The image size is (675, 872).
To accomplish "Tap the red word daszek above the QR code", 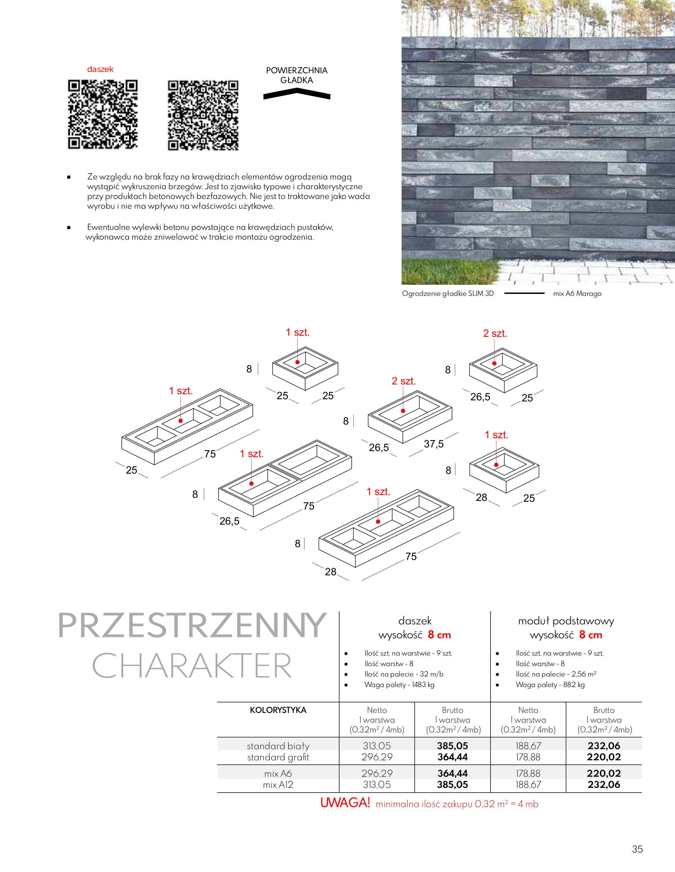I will tap(100, 69).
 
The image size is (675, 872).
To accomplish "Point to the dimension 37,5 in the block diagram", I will tap(433, 444).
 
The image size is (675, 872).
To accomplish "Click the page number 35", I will tap(637, 849).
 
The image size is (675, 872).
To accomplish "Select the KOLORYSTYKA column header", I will tap(278, 710).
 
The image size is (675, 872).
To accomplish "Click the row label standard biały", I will tap(278, 746).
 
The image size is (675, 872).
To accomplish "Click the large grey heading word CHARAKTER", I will tap(192, 666).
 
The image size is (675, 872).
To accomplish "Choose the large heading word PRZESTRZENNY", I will tap(192, 625).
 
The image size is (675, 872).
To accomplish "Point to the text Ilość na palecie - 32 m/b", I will tap(404, 674).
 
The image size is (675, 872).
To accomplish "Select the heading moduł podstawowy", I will tap(566, 621).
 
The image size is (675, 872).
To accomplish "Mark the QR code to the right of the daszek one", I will tap(203, 115).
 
